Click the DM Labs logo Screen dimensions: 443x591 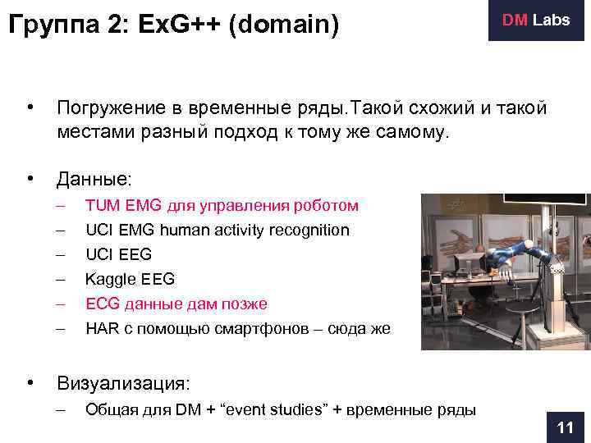click(x=537, y=21)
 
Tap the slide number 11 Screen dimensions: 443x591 click(x=565, y=427)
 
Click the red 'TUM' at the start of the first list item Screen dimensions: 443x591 click(x=102, y=205)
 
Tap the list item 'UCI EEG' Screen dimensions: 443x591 click(x=118, y=254)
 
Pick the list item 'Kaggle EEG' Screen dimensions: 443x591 click(x=130, y=279)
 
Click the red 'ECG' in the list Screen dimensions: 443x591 click(x=102, y=304)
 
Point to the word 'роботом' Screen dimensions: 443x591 click(x=329, y=205)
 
